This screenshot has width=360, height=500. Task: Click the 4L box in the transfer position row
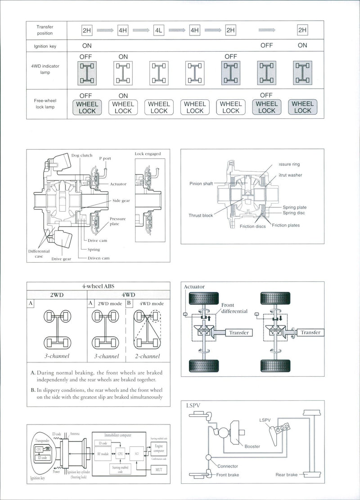[x=158, y=31]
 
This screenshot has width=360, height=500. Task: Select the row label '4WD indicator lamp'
[x=45, y=69]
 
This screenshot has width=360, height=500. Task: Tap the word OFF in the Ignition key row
[x=266, y=45]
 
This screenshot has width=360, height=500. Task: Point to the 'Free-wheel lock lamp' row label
[x=45, y=104]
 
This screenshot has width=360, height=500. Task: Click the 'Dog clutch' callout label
[x=82, y=156]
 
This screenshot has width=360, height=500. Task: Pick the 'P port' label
[x=105, y=158]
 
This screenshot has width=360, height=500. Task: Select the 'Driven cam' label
[x=99, y=258]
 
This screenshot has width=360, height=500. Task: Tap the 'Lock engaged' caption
[x=148, y=154]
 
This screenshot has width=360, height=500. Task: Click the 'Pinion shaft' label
[x=201, y=183]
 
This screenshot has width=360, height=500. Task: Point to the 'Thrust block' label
[x=201, y=215]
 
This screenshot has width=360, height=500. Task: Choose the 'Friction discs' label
[x=252, y=227]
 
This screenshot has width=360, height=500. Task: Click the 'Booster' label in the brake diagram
[x=252, y=446]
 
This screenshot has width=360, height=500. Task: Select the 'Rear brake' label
[x=286, y=474]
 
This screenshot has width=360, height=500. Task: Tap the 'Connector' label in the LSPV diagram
[x=227, y=466]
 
